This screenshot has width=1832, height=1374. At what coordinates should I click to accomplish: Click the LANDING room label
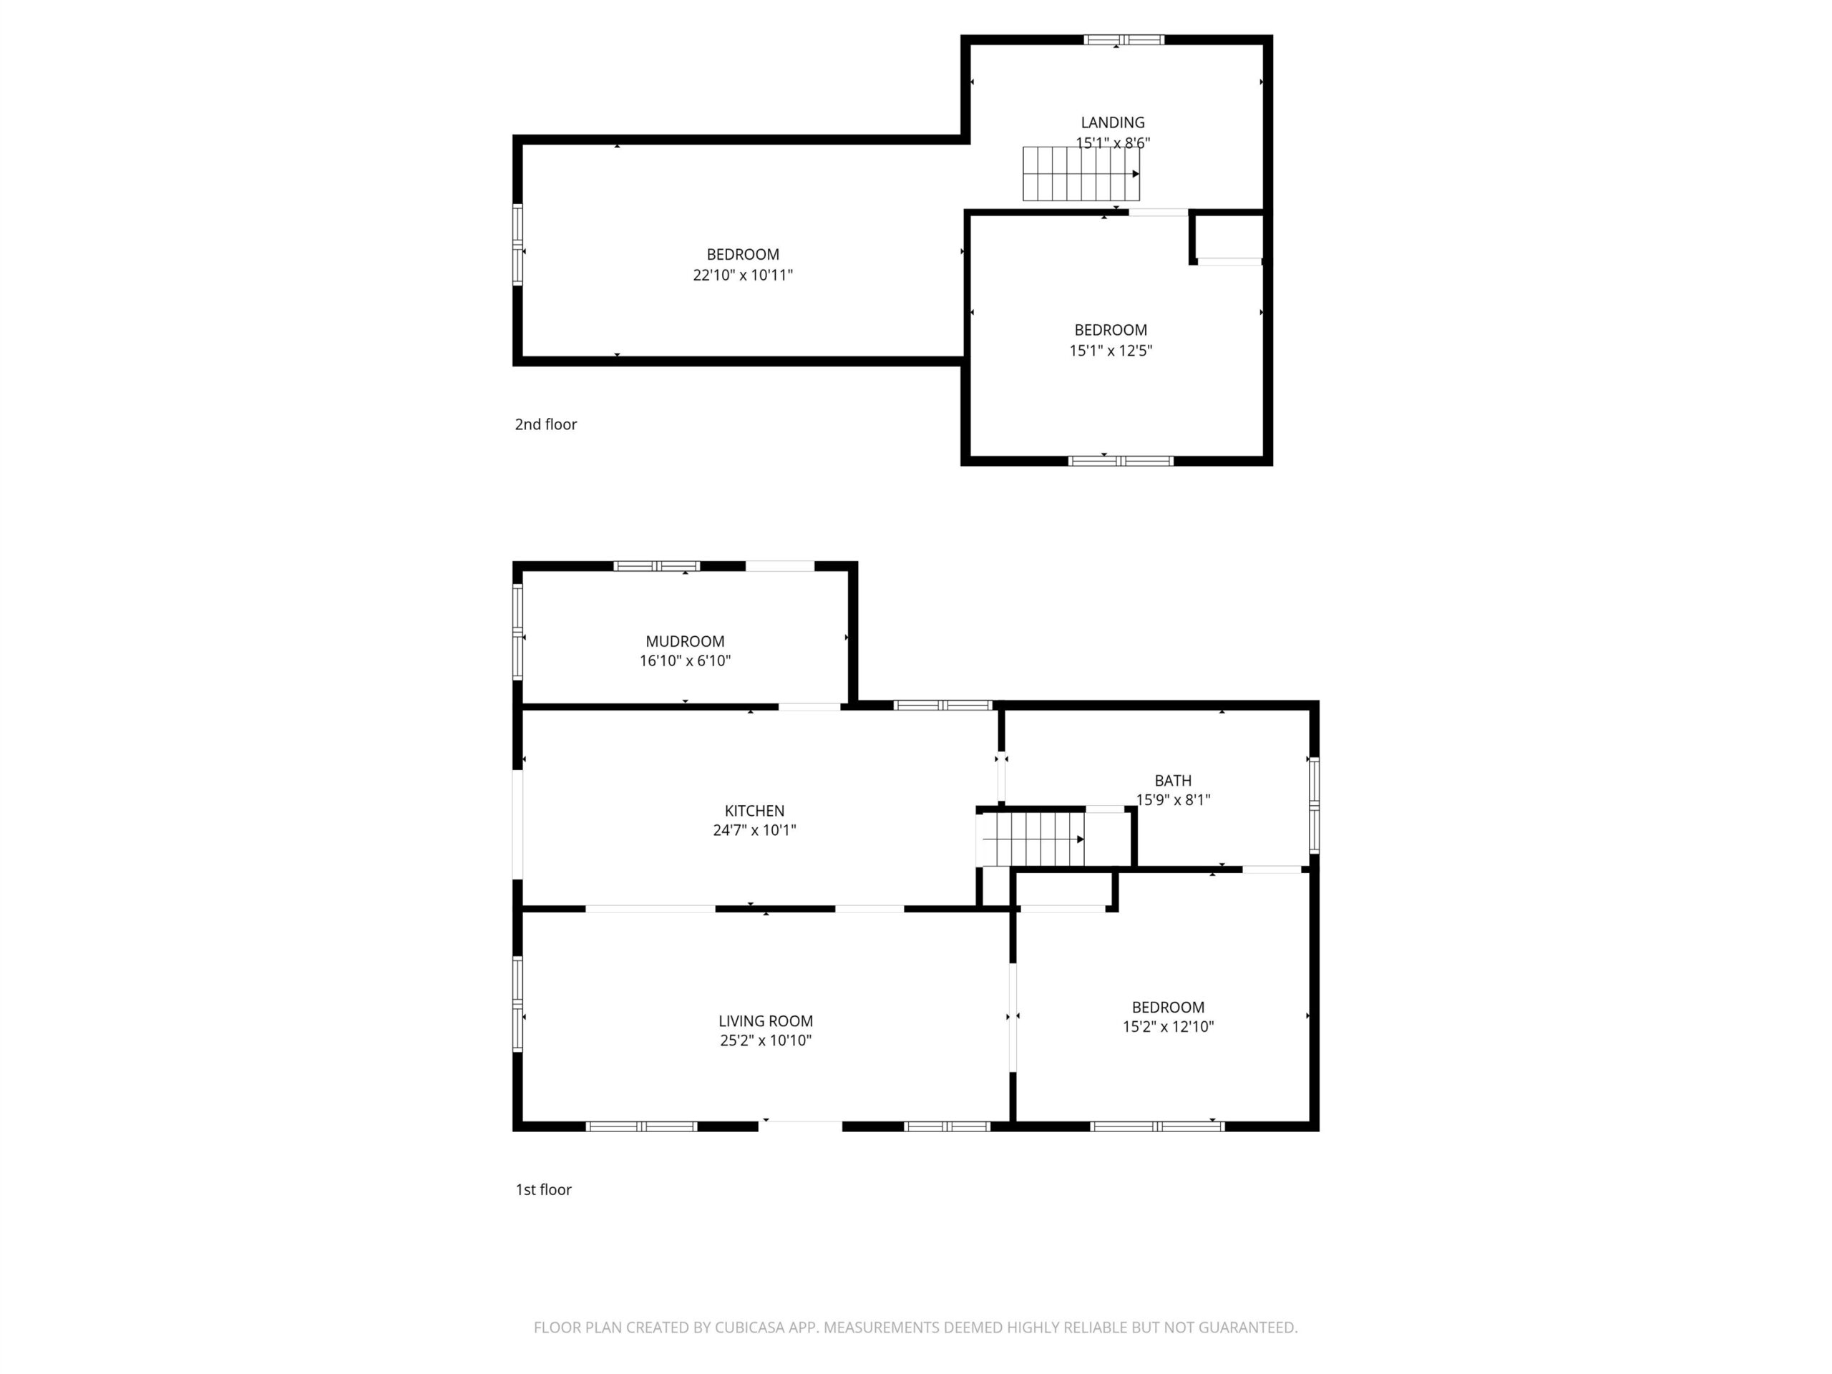click(1112, 122)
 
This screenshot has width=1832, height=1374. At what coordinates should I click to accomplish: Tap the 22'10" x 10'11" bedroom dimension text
click(743, 275)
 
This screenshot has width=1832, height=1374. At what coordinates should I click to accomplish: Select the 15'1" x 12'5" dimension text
click(1111, 351)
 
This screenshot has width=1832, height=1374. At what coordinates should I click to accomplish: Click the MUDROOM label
click(685, 641)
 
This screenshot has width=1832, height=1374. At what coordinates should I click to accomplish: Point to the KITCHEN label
click(754, 811)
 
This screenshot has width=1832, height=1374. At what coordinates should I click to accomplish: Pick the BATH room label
click(1173, 780)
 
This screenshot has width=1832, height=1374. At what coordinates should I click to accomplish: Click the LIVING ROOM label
click(765, 1021)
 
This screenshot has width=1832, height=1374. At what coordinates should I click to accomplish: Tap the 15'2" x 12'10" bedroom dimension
click(1168, 1027)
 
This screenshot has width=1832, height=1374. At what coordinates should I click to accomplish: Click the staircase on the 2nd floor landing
click(1081, 174)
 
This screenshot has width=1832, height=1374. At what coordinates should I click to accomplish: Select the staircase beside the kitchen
click(1030, 839)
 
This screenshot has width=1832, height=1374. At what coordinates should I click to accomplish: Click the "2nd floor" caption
click(546, 424)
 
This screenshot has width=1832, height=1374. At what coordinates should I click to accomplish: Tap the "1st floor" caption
click(543, 1189)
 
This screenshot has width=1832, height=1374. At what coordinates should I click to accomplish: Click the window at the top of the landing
click(1124, 40)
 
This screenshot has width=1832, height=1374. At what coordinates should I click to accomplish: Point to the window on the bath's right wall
click(1314, 805)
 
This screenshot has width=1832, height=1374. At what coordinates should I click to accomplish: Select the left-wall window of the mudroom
click(517, 633)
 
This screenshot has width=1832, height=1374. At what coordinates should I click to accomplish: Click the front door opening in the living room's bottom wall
click(800, 1126)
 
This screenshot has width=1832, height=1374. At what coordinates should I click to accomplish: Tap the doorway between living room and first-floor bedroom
click(1012, 1018)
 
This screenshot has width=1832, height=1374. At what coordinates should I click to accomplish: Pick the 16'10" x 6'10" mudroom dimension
click(685, 661)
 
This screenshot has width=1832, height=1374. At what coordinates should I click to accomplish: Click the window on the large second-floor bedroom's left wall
click(517, 245)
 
